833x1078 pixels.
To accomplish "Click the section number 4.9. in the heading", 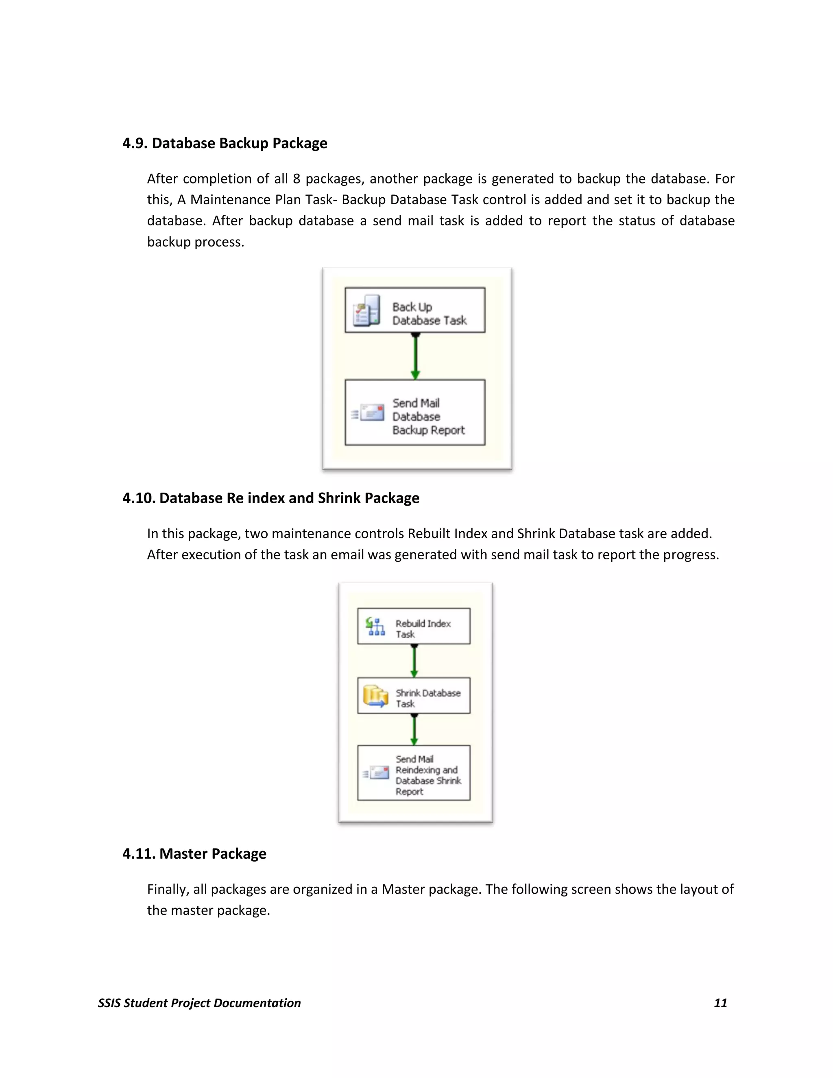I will [x=135, y=143].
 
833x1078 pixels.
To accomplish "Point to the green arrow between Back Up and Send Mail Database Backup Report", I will [x=416, y=356].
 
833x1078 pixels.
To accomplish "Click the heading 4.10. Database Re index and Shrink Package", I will [x=271, y=498].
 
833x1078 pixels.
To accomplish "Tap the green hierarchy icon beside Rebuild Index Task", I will [x=375, y=626].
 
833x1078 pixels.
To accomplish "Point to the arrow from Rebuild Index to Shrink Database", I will [x=414, y=661].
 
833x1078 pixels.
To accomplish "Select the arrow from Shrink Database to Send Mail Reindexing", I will [x=414, y=729].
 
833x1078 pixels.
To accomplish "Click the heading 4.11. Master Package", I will [x=194, y=854].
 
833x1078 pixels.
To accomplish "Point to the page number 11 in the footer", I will [x=720, y=1003].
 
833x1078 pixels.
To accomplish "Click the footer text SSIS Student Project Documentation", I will [x=199, y=1003].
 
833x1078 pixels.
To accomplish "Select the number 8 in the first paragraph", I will [x=297, y=179].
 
